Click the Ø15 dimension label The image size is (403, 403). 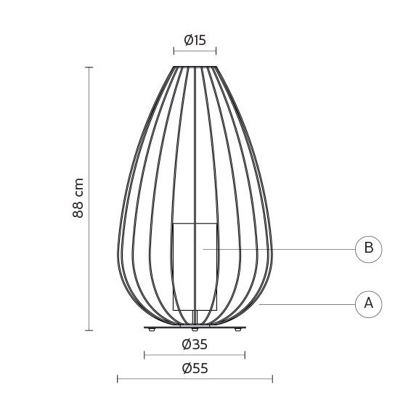[195, 41]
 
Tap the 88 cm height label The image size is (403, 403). [78, 198]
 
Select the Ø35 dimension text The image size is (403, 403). [195, 344]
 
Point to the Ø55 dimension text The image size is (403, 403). [195, 368]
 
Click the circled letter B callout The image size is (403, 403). [369, 249]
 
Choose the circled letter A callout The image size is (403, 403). [369, 304]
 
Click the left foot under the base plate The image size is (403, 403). [152, 330]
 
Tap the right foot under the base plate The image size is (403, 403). [238, 330]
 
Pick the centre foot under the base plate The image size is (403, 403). [195, 330]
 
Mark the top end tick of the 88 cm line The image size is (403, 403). [89, 68]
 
